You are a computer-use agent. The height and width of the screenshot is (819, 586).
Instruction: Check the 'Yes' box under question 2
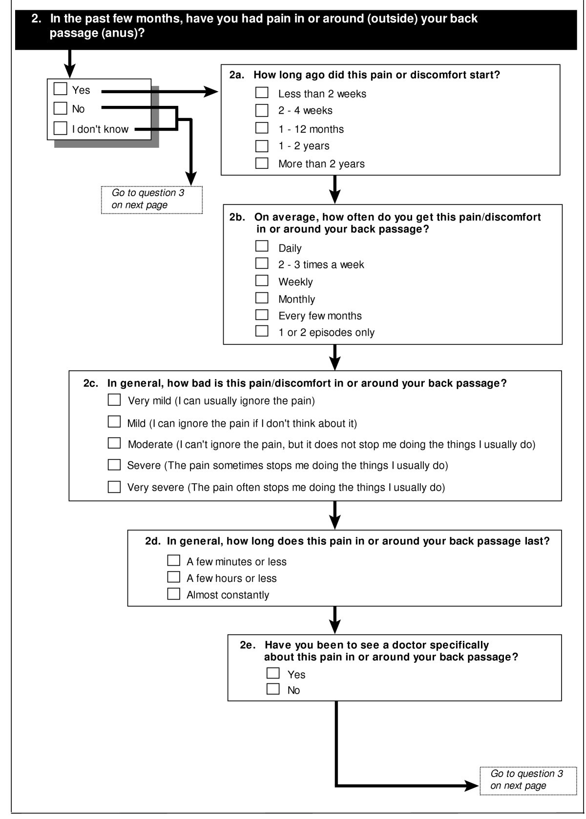[x=60, y=89]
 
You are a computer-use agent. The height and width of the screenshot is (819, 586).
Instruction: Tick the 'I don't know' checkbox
[x=60, y=128]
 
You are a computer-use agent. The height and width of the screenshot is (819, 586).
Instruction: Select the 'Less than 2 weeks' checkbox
[x=262, y=93]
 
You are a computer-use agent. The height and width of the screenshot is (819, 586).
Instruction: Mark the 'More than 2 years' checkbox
[x=262, y=163]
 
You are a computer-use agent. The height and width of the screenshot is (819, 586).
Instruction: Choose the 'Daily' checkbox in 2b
[x=262, y=246]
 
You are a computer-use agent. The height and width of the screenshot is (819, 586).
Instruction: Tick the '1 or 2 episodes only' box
[x=262, y=331]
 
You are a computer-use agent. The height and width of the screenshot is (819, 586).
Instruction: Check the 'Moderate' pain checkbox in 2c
[x=114, y=443]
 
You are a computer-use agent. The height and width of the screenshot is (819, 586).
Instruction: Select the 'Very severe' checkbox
[x=114, y=486]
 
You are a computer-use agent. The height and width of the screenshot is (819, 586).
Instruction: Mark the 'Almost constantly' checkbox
[x=173, y=594]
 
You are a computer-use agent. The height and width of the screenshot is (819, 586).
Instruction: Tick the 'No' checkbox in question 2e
[x=273, y=689]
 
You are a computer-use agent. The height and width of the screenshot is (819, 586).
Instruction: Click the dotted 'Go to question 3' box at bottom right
[x=527, y=779]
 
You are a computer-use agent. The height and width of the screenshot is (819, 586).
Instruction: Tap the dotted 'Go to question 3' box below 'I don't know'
[x=151, y=199]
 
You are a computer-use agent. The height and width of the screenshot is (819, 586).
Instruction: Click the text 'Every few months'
[x=320, y=316]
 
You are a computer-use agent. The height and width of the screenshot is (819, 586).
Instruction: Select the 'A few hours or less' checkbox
[x=173, y=577]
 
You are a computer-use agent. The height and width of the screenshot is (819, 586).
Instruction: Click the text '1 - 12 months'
[x=311, y=129]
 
